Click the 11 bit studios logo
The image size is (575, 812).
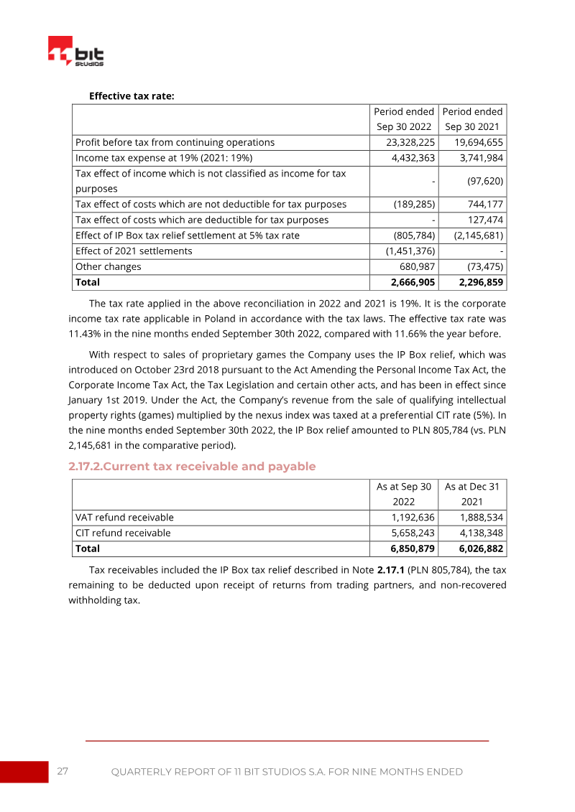click(x=75, y=52)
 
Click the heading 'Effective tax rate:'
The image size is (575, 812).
click(x=132, y=95)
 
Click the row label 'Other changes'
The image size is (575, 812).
click(x=108, y=266)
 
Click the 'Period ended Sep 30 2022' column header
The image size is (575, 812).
click(x=404, y=119)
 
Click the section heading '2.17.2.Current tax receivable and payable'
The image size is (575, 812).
click(x=192, y=467)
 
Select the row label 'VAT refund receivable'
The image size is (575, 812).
click(x=124, y=517)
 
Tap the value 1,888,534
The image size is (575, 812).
click(x=481, y=517)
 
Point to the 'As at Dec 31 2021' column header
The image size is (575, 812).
click(x=471, y=494)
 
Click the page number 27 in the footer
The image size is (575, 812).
click(x=63, y=771)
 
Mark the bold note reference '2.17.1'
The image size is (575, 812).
click(x=393, y=570)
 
